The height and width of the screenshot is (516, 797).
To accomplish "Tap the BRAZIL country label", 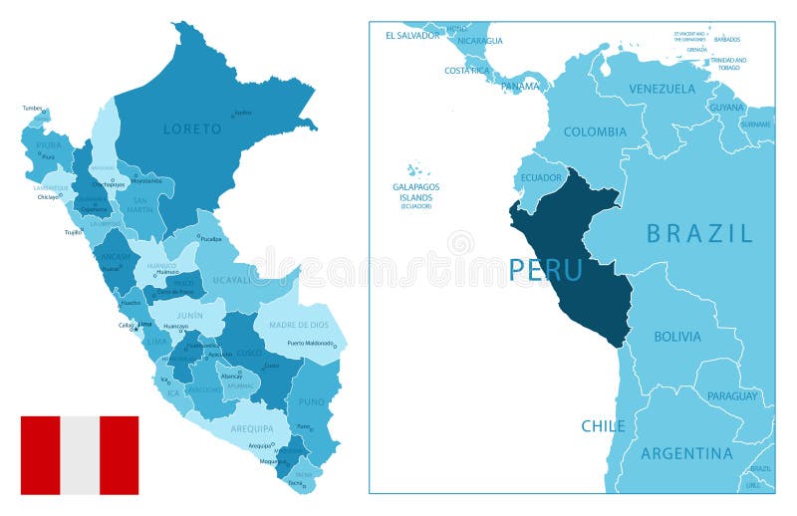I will pos(699,234).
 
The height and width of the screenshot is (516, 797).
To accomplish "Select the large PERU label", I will pos(545,270).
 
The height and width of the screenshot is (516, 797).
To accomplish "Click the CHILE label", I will pos(603,425).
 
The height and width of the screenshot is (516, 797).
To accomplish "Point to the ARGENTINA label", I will pos(686,453).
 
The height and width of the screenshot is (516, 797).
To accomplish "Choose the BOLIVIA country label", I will pos(676,337).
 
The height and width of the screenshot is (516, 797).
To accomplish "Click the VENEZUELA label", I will pos(662,89).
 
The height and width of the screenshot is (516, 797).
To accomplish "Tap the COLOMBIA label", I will pos(595,131).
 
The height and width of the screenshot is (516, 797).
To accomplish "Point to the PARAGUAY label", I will pos(731,395).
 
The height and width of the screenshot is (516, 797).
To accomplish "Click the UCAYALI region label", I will pos(232,280).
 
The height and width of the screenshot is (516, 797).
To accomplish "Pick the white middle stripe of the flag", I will pos(80,455).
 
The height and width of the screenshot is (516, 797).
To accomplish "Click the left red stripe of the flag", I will pos(40,455).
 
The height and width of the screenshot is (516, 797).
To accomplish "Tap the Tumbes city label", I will pos(32,107).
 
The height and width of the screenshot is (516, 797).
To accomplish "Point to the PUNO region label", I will pos(311,402).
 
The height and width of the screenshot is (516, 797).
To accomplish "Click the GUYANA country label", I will pos(725,107).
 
